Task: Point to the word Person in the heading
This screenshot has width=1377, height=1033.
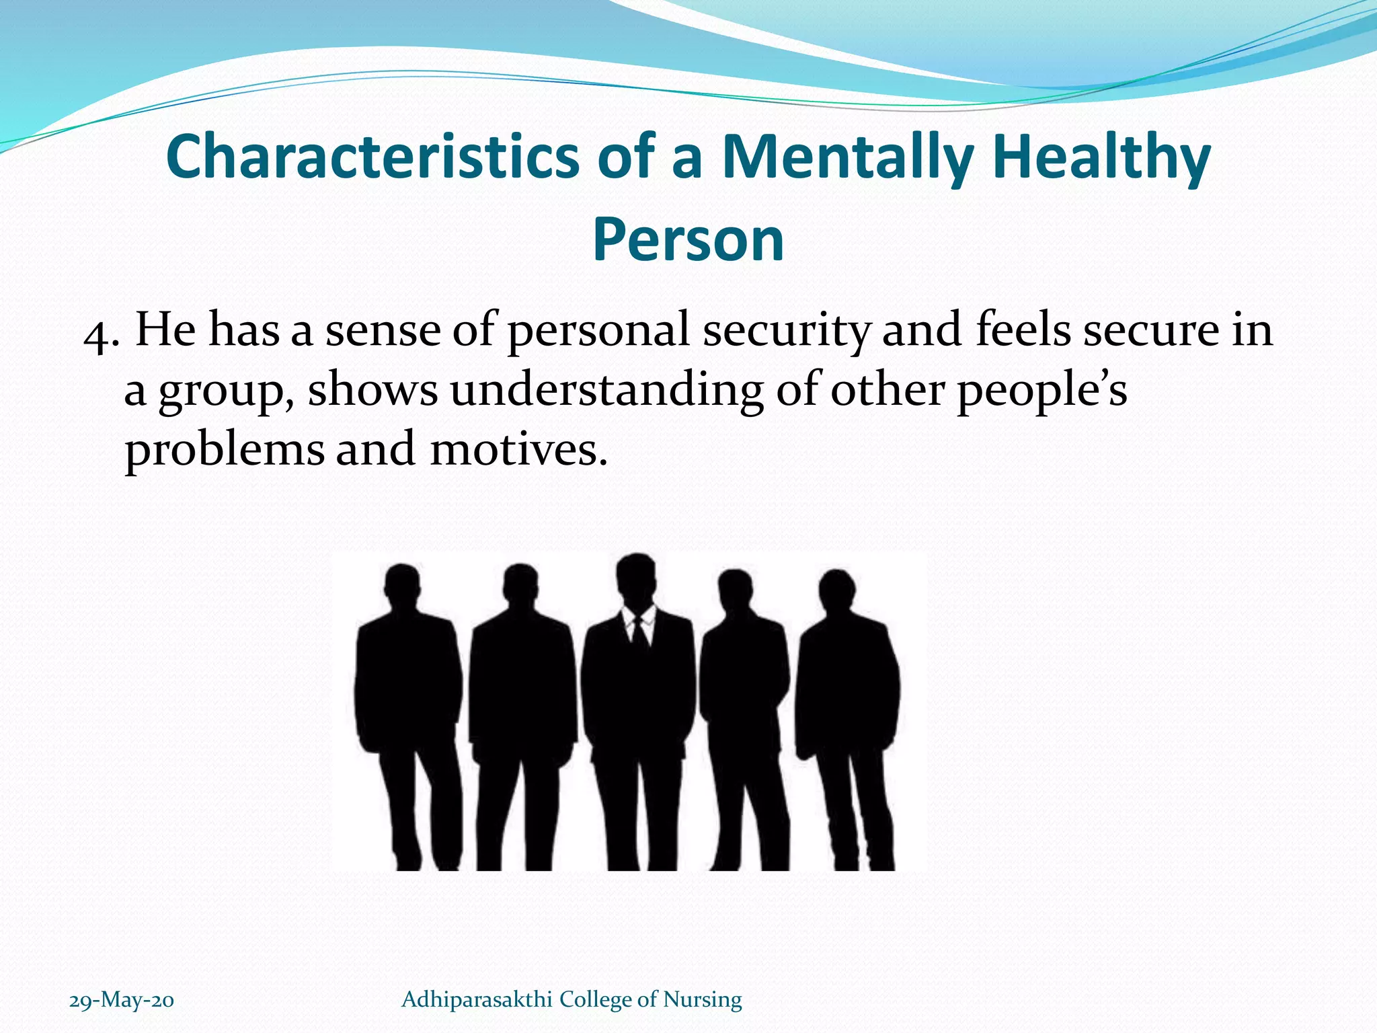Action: (688, 240)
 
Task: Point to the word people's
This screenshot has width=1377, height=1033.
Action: (1041, 392)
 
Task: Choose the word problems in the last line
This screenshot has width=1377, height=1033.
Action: (225, 451)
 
